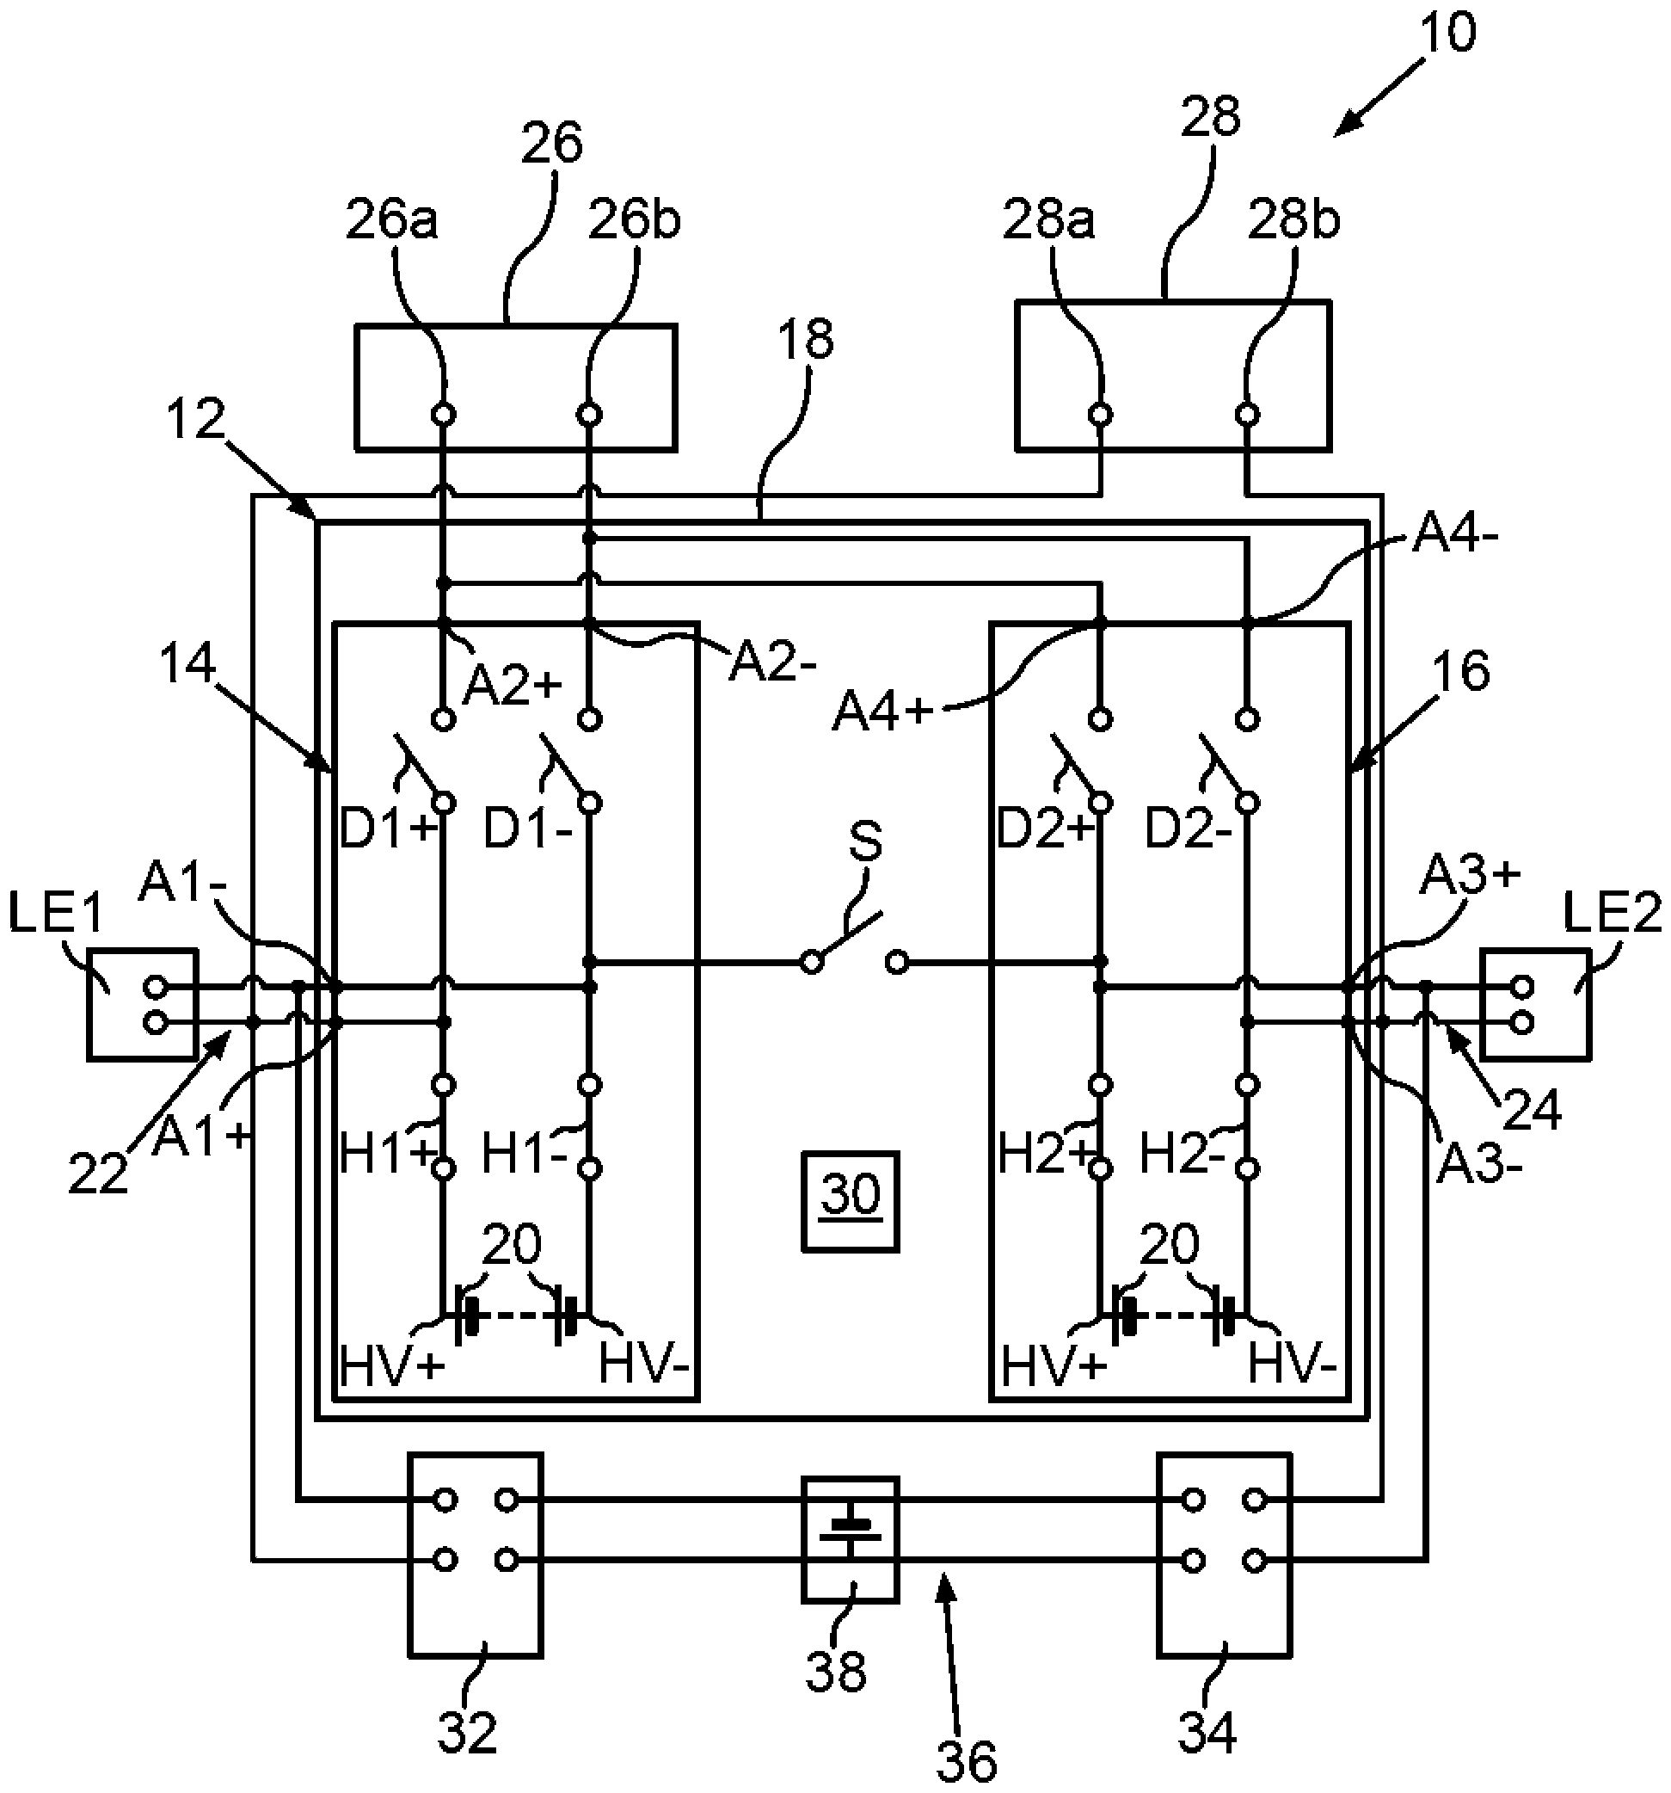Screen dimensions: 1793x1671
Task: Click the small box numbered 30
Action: click(x=850, y=1201)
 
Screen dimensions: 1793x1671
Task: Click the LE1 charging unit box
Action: click(x=142, y=1003)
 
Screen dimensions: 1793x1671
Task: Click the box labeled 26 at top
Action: click(x=515, y=387)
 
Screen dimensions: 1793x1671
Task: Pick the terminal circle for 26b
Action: click(x=589, y=415)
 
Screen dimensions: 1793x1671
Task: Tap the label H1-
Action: click(x=525, y=1154)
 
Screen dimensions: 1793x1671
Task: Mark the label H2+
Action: click(x=1045, y=1154)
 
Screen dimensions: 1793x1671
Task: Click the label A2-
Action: click(x=773, y=665)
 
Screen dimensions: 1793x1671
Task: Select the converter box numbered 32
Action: click(x=476, y=1554)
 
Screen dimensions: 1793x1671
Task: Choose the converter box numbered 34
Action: click(x=1224, y=1554)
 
